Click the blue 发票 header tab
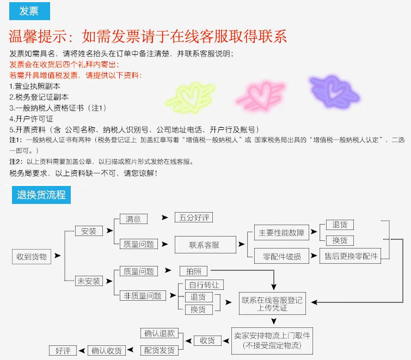[29, 11]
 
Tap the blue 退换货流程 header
[41, 195]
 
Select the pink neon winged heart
[260, 95]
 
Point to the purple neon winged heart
[334, 91]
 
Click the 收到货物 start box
[32, 257]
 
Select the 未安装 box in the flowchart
[89, 281]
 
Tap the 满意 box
[133, 219]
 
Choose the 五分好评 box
[194, 218]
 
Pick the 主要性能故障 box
[281, 233]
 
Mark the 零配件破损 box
[281, 256]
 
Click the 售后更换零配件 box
[350, 256]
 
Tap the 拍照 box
[193, 271]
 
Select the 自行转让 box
[204, 284]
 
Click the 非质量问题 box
[143, 296]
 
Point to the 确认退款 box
[160, 333]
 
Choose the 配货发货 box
[160, 350]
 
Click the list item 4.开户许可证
[31, 119]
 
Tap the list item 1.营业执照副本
[35, 86]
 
